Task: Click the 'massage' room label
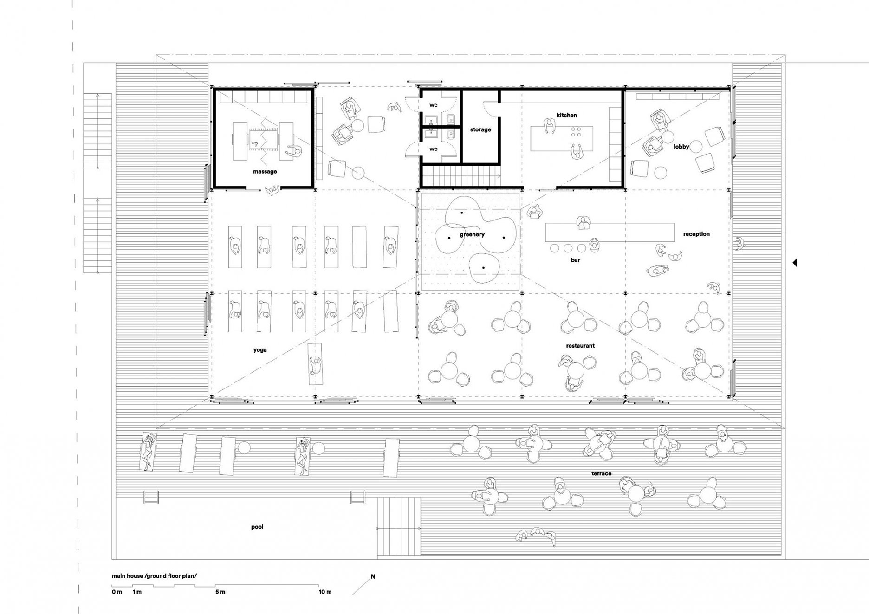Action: point(265,172)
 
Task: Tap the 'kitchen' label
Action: point(567,115)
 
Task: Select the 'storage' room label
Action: point(480,130)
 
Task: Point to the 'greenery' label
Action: point(472,235)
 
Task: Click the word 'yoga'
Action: point(260,350)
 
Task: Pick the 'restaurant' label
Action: point(580,346)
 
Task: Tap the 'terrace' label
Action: point(601,473)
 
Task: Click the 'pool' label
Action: point(257,527)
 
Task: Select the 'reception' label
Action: point(696,234)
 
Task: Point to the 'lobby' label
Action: point(681,147)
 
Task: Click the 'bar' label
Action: point(576,260)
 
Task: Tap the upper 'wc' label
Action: point(433,105)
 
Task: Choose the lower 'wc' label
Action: point(433,149)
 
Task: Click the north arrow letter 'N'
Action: point(373,577)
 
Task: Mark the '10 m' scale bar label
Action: point(325,592)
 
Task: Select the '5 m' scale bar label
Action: point(220,592)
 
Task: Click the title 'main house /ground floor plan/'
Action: point(154,576)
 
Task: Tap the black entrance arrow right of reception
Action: point(795,263)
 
